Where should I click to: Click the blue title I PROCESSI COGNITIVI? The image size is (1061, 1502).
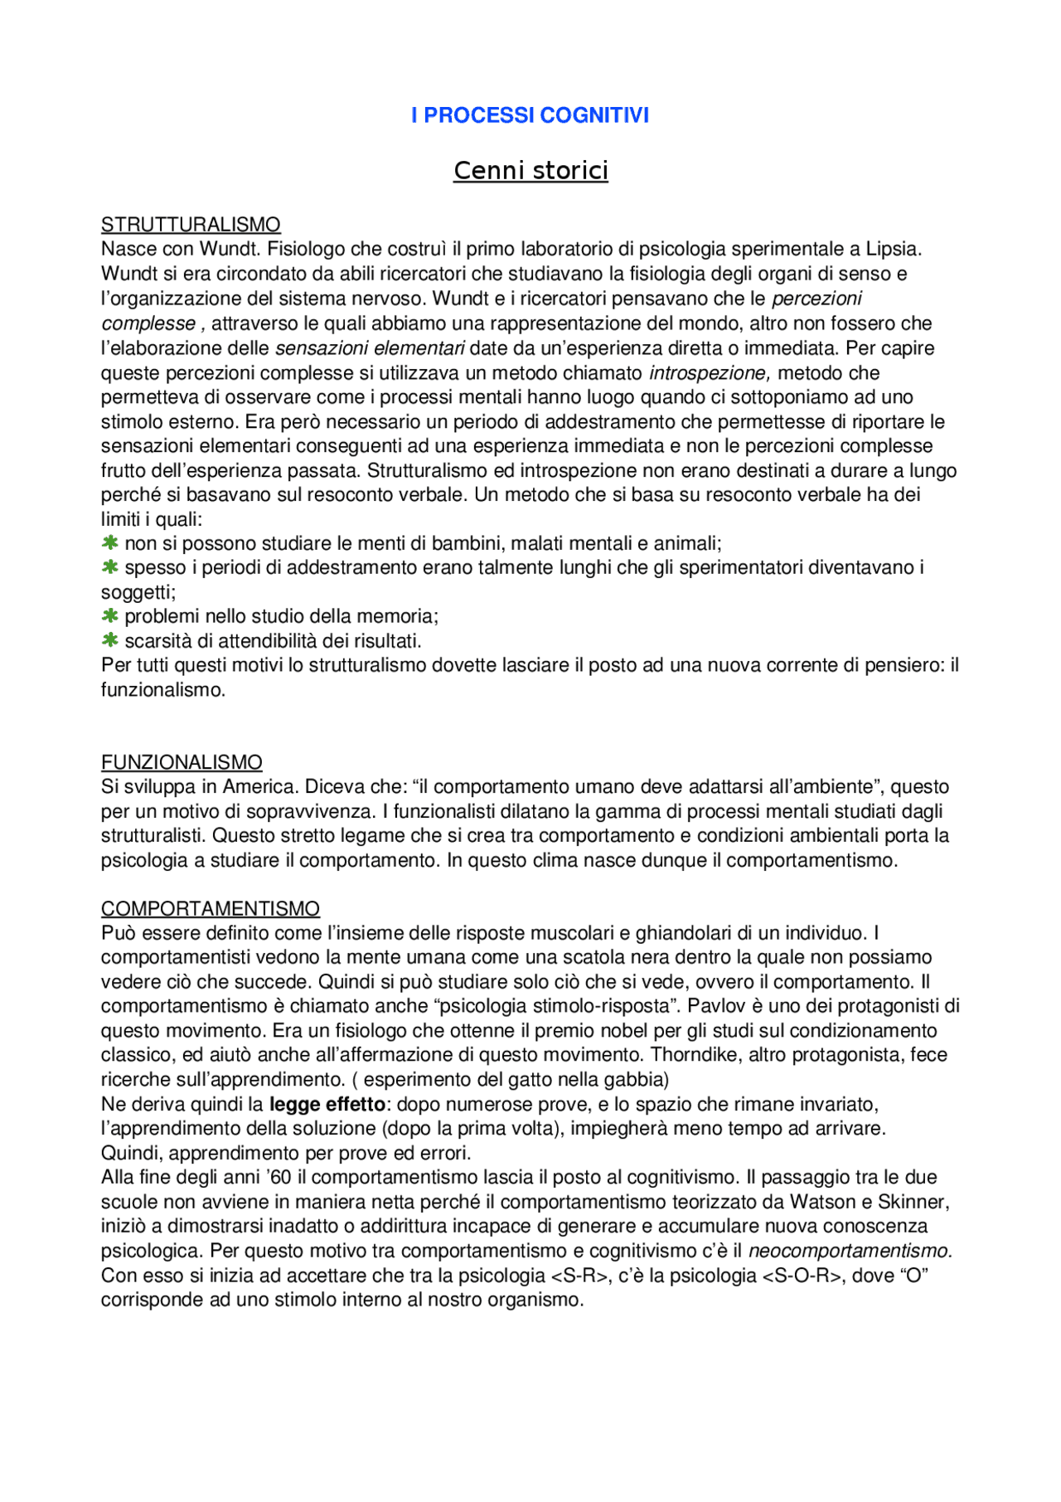[x=530, y=115]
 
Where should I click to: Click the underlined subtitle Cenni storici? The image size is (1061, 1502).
[x=530, y=170]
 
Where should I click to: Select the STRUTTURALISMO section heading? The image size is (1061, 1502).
[x=191, y=225]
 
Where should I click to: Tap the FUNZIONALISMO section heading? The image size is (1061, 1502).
[x=182, y=762]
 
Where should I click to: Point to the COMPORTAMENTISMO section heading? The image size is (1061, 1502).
[x=211, y=909]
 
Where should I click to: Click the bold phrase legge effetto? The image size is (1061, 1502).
[x=327, y=1105]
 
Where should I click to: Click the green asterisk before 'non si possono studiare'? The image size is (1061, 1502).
[x=109, y=543]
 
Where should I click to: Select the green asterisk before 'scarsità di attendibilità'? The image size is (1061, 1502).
[x=109, y=640]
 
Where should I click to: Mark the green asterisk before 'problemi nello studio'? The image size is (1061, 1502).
[x=109, y=616]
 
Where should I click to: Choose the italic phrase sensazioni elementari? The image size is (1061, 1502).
[x=370, y=348]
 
